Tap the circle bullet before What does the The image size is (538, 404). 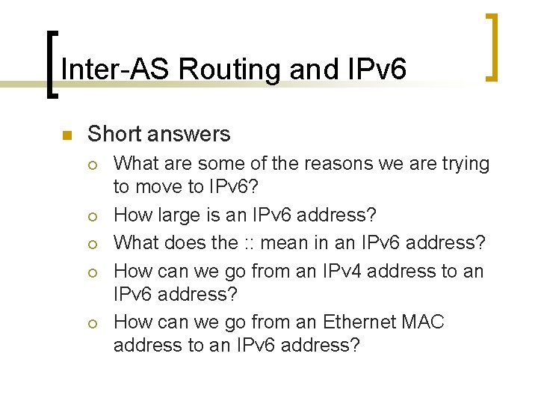click(92, 244)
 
